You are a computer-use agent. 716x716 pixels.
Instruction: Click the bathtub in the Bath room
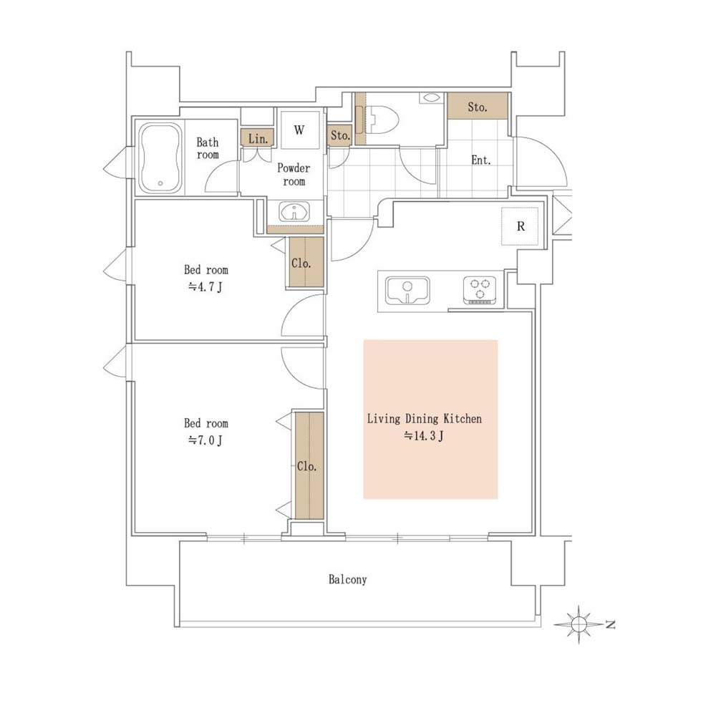click(x=160, y=158)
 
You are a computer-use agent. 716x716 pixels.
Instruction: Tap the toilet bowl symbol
click(x=382, y=120)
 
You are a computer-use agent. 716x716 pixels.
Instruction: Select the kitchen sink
click(x=407, y=291)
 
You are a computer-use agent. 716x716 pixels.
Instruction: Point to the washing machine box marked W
click(x=299, y=130)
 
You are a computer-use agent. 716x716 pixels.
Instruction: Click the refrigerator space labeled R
click(x=520, y=226)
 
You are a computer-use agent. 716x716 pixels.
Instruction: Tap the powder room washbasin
click(x=294, y=212)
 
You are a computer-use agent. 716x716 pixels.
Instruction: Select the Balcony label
click(x=347, y=579)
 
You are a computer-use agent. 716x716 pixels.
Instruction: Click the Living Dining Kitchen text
click(x=424, y=419)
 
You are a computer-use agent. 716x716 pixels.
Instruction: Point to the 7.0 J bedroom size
click(x=205, y=440)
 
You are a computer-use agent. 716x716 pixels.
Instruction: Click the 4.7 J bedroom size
click(x=205, y=287)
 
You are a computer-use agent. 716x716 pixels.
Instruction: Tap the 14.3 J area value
click(x=424, y=436)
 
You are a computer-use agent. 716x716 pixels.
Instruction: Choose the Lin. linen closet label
click(x=258, y=138)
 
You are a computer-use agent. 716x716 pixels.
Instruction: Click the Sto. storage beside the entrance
click(x=478, y=107)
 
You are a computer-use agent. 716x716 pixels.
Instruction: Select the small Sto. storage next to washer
click(x=340, y=135)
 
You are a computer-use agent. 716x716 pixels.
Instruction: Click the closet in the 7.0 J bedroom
click(x=309, y=465)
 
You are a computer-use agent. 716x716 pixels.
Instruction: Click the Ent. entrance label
click(x=481, y=160)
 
